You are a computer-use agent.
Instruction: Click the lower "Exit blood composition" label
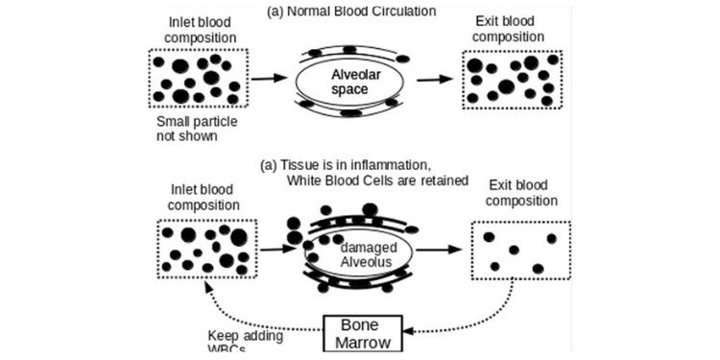[518, 195]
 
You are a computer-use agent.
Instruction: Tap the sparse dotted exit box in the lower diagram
[520, 250]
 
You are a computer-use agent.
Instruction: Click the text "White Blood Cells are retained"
[378, 180]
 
